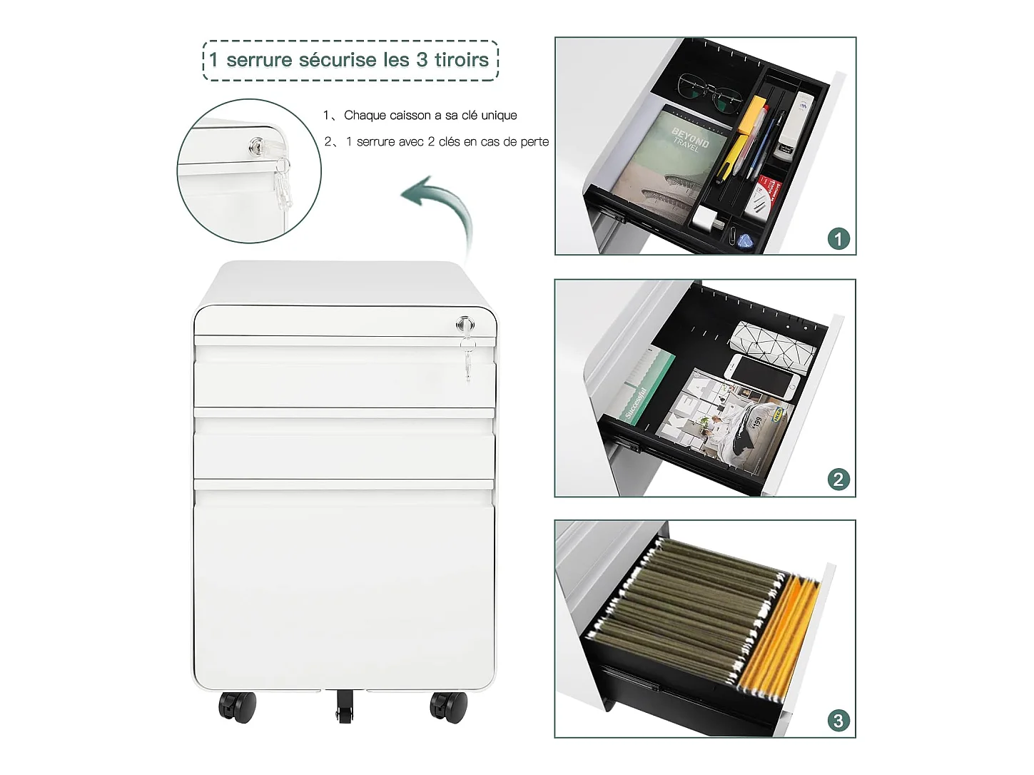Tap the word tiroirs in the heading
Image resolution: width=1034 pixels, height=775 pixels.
461,60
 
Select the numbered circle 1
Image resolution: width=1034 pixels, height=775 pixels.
838,239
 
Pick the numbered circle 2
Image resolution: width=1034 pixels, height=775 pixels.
838,480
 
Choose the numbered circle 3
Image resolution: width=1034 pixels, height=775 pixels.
838,721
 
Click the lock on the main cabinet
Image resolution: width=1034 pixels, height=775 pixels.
465,325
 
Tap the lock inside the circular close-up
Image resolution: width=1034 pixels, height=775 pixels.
257,146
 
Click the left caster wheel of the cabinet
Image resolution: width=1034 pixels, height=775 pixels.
238,707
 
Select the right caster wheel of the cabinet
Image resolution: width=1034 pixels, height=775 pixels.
448,707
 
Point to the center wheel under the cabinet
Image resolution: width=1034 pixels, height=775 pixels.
345,706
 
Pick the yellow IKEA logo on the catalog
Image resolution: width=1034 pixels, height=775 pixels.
778,413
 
